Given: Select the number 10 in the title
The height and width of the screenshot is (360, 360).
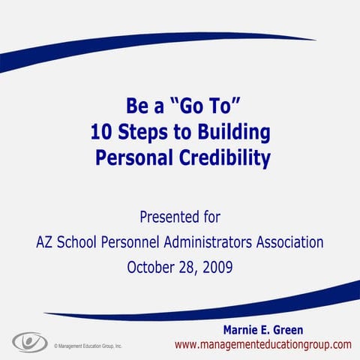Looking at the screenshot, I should pos(101,134).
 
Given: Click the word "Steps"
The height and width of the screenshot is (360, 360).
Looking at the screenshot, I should pos(145,134).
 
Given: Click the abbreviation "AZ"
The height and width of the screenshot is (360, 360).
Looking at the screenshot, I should pos(46,242).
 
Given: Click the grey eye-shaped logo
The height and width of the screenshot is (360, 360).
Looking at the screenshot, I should pos(29,342).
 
